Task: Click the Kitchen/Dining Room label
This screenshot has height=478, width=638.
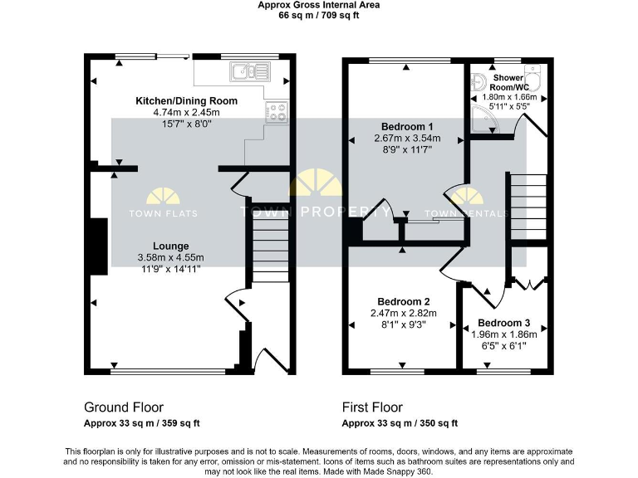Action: [x=186, y=101]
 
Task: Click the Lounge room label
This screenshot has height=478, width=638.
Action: [x=170, y=246]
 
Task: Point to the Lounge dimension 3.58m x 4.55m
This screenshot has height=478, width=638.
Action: [x=170, y=258]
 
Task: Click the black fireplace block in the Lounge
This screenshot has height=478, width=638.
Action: [x=98, y=246]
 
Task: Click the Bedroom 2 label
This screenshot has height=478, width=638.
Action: [x=403, y=301]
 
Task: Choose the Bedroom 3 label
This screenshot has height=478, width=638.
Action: [x=503, y=323]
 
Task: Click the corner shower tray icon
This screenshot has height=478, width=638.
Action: [x=483, y=123]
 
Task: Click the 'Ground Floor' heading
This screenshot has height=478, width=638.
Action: [x=124, y=407]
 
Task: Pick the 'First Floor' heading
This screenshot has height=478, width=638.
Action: [x=372, y=407]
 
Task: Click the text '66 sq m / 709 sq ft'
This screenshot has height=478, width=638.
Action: [x=318, y=15]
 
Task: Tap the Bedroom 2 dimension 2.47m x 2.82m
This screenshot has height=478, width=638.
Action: [x=403, y=313]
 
